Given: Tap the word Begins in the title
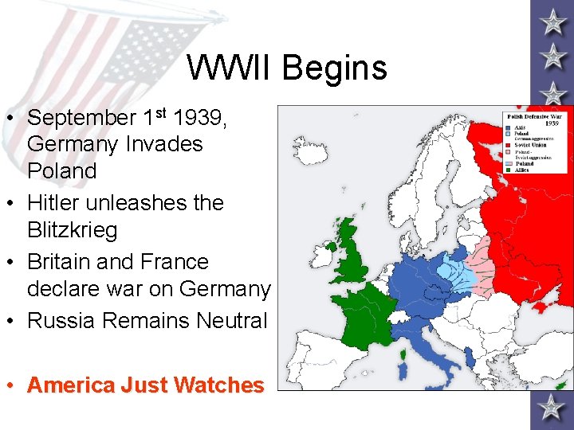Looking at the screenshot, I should click(334, 68).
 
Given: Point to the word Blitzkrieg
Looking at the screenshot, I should click(72, 230).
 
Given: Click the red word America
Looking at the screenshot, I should click(71, 385).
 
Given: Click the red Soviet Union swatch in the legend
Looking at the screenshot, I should click(508, 143).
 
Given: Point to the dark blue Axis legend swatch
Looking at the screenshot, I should click(508, 127).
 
